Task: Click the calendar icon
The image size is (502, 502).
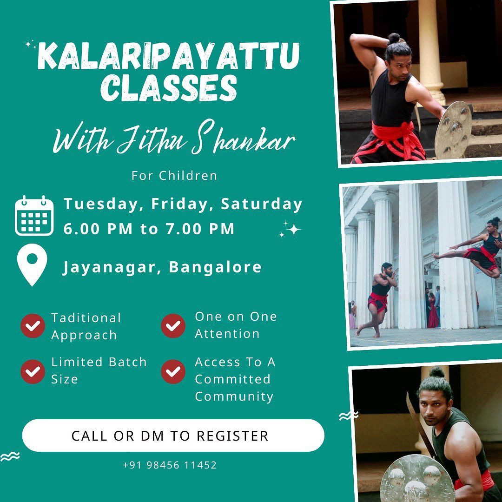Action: (x=34, y=216)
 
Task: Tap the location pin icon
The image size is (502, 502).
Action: (x=32, y=264)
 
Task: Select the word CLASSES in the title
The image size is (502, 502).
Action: (x=169, y=88)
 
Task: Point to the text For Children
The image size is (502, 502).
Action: (x=174, y=176)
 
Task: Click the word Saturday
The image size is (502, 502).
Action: (x=262, y=204)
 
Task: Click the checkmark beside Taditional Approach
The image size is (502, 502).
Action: (x=33, y=326)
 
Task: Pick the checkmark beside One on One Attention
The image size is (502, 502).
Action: (x=173, y=326)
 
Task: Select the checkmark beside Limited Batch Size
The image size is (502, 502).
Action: (x=33, y=372)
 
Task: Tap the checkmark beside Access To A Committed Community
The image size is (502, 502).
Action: (x=173, y=372)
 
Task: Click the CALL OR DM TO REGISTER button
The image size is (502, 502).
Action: (x=173, y=436)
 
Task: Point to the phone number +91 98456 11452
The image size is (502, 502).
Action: (x=170, y=465)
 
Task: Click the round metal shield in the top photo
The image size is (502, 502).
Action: (x=453, y=130)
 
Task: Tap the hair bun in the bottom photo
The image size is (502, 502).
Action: (x=436, y=372)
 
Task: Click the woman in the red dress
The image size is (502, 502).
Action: (x=433, y=311)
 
